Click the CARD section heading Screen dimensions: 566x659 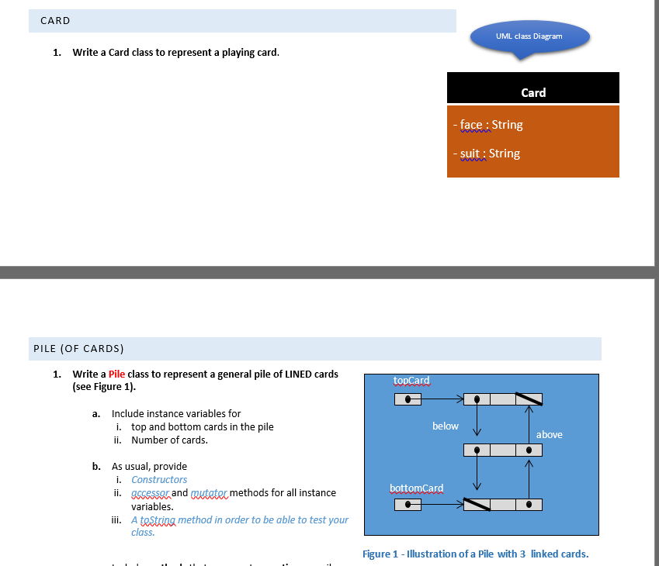pos(56,21)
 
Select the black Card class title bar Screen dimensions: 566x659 pos(532,92)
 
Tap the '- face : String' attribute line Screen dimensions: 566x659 pos(488,125)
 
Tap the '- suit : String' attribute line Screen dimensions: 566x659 pos(487,154)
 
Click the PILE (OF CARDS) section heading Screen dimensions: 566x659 pos(78,349)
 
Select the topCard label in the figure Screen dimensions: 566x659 pos(411,381)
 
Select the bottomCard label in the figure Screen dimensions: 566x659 pos(416,488)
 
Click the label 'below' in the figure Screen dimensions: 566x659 pos(445,426)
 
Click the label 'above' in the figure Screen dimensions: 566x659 pos(549,434)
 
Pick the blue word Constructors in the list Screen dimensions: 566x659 pos(159,480)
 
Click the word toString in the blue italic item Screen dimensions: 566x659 pos(158,520)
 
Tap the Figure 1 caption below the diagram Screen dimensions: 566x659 pos(475,554)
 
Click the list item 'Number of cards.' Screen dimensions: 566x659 pos(169,440)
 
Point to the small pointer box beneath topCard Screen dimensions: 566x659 pos(408,399)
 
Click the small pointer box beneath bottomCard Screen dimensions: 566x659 pos(408,506)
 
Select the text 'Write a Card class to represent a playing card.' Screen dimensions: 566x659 pos(175,53)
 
